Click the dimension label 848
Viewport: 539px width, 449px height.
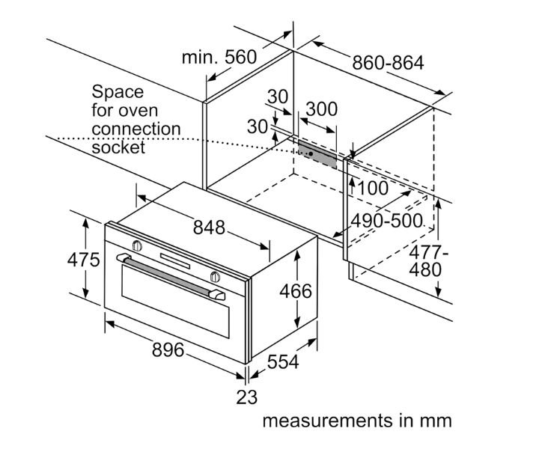[x=209, y=227]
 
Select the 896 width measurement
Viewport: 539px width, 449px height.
[x=168, y=350]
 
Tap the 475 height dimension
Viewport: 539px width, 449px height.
[x=84, y=260]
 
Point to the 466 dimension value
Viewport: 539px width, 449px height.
[x=296, y=291]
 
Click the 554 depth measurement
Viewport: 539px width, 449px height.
[x=283, y=361]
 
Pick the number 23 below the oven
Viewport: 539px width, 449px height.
[x=247, y=397]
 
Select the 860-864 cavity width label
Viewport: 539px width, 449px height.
[x=388, y=63]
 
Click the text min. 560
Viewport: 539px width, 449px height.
[x=219, y=57]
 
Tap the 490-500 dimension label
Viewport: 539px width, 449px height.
[x=387, y=221]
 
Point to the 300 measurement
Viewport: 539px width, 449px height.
[x=322, y=109]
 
